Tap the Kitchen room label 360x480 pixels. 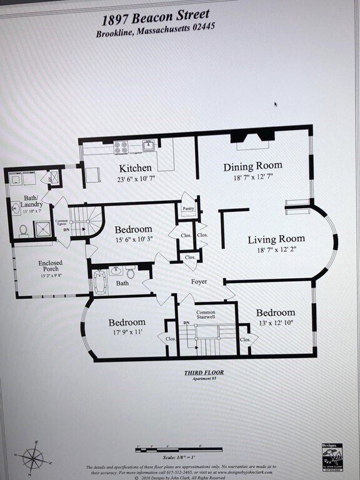coord(135,168)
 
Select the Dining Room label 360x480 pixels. coord(253,166)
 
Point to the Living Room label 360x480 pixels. coord(276,239)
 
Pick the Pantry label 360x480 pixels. coord(188,209)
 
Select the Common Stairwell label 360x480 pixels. coord(206,316)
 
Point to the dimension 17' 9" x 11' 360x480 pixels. coord(127,332)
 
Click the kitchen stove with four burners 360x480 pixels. coord(120,147)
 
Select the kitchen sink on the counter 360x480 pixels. coord(149,146)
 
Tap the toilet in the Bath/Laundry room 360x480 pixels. coord(23,231)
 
